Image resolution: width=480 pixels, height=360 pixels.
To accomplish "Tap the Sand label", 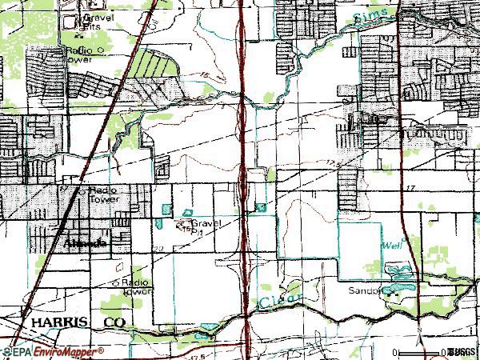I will click(x=361, y=291).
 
